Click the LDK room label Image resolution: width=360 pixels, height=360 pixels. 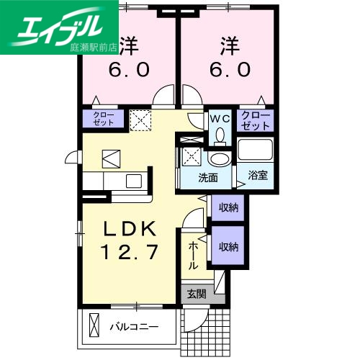[129, 228]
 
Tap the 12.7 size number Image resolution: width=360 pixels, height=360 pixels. [129, 253]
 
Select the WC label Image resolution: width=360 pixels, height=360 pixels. [220, 117]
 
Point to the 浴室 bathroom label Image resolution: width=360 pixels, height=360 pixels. [258, 175]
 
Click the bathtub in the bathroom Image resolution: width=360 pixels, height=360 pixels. [256, 152]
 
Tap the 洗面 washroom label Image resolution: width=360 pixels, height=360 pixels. [209, 177]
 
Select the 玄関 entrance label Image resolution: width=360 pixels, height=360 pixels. [196, 293]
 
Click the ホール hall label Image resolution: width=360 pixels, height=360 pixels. [194, 256]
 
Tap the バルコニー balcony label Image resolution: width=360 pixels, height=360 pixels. [134, 325]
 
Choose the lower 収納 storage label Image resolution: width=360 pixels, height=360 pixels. [229, 247]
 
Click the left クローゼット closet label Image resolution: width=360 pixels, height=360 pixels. [101, 119]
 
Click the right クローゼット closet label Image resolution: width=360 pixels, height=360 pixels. [256, 120]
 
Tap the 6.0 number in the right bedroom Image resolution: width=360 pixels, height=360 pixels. [230, 70]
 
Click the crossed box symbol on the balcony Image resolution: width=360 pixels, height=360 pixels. [91, 325]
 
